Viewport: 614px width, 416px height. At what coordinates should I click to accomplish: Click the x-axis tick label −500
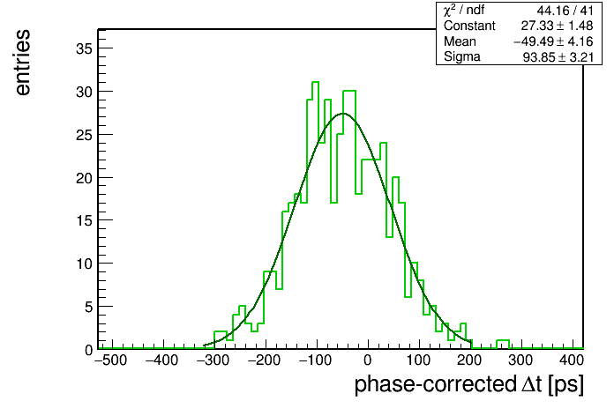(x=111, y=360)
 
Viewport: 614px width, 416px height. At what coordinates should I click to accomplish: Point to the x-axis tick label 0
(x=367, y=360)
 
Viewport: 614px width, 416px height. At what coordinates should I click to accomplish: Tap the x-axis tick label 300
(x=520, y=360)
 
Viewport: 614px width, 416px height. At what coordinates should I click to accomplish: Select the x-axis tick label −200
(x=265, y=360)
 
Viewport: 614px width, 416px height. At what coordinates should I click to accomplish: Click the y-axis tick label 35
(x=84, y=49)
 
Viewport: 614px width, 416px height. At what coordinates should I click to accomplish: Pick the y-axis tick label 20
(x=84, y=178)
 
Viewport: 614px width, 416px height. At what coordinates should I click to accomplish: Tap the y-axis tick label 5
(x=88, y=308)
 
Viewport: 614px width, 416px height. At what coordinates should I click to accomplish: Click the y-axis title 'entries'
(x=23, y=63)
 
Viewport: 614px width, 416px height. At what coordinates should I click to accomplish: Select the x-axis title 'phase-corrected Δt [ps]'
(x=469, y=384)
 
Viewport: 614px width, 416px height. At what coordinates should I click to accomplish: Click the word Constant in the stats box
(x=469, y=26)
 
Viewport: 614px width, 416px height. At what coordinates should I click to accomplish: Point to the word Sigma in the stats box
(x=462, y=57)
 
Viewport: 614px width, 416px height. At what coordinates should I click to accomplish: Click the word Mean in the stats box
(x=460, y=41)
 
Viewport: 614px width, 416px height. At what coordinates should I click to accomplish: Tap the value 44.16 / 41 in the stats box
(x=565, y=11)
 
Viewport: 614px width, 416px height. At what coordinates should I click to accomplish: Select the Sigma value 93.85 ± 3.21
(x=558, y=57)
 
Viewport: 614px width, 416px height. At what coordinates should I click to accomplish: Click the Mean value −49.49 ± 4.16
(x=553, y=41)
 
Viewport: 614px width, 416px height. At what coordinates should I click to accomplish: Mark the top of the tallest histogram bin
(x=315, y=82)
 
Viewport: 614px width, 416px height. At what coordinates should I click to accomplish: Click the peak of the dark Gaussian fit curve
(x=342, y=114)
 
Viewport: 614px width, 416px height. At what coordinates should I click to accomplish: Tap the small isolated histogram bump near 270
(x=503, y=340)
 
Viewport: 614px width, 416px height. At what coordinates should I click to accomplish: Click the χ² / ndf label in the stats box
(x=464, y=10)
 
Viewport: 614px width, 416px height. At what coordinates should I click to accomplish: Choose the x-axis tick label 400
(x=572, y=360)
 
